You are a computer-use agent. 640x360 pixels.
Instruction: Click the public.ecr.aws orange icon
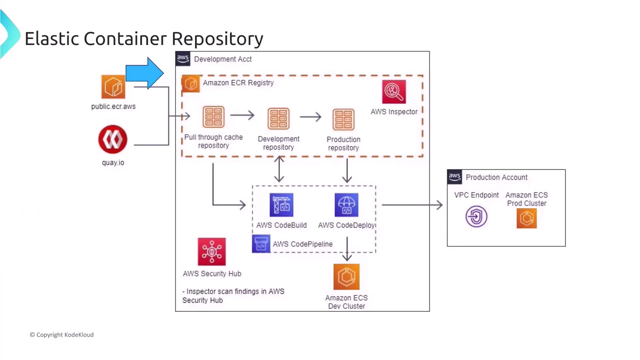[x=113, y=87]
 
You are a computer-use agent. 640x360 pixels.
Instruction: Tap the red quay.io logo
[x=113, y=139]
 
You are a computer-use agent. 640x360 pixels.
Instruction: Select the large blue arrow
[x=145, y=73]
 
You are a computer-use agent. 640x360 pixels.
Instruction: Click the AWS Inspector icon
[x=394, y=92]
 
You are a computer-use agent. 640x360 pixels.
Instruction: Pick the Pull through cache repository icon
[x=213, y=117]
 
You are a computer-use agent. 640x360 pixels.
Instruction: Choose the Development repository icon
[x=278, y=118]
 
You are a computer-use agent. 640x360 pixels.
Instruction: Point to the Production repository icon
[x=343, y=119]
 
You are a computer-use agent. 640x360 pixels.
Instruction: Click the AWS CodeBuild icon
[x=281, y=205]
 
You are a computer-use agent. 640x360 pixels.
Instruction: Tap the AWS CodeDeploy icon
[x=346, y=205]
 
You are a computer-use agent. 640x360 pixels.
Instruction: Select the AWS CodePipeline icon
[x=261, y=244]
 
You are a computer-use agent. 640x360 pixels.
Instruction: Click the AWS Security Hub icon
[x=212, y=252]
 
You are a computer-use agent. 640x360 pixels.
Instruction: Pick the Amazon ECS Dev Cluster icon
[x=346, y=277]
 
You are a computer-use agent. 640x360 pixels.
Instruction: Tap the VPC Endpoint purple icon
[x=476, y=217]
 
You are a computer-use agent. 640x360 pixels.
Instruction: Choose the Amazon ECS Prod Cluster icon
[x=527, y=218]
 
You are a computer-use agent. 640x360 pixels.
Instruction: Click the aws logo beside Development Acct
[x=183, y=59]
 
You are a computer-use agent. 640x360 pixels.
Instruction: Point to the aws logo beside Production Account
[x=455, y=177]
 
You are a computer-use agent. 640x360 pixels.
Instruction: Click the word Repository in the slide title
[x=217, y=39]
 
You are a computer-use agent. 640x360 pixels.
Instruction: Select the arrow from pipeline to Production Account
[x=412, y=205]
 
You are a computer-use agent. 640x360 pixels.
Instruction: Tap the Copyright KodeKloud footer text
[x=62, y=335]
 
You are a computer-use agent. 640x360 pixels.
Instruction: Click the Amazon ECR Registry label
[x=238, y=83]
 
